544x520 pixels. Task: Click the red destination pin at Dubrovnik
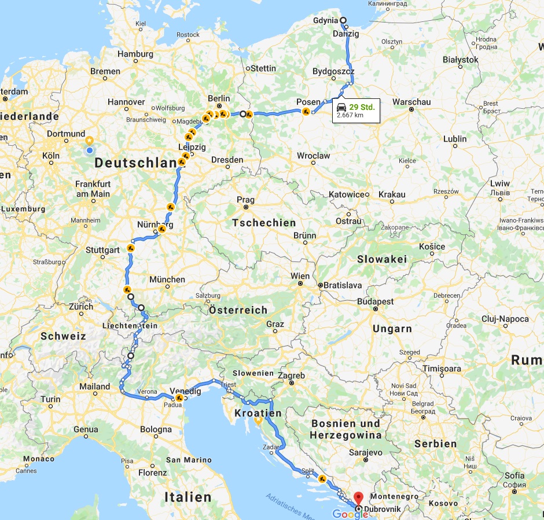point(358,497)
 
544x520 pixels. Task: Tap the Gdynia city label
point(325,20)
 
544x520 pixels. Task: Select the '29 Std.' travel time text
point(362,107)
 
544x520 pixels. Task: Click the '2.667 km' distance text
point(350,115)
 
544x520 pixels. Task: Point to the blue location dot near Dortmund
point(89,151)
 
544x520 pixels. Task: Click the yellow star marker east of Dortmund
point(89,140)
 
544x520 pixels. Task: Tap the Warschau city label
point(411,102)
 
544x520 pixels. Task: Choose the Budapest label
point(376,301)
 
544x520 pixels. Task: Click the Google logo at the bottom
point(350,514)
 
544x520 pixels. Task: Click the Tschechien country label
point(264,223)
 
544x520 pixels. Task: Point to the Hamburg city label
point(135,54)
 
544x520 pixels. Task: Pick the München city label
point(167,279)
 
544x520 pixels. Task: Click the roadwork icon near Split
point(322,478)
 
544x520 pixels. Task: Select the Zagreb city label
point(292,375)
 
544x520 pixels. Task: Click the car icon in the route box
point(342,107)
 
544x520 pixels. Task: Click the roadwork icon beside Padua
point(179,398)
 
